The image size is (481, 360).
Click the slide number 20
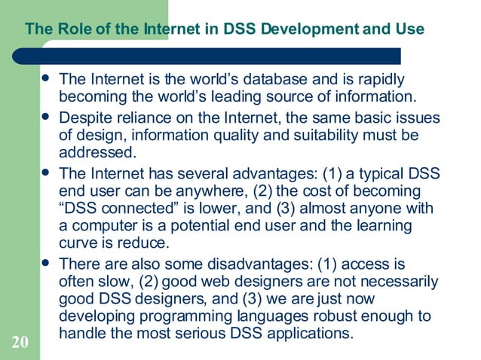pyautogui.click(x=20, y=343)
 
